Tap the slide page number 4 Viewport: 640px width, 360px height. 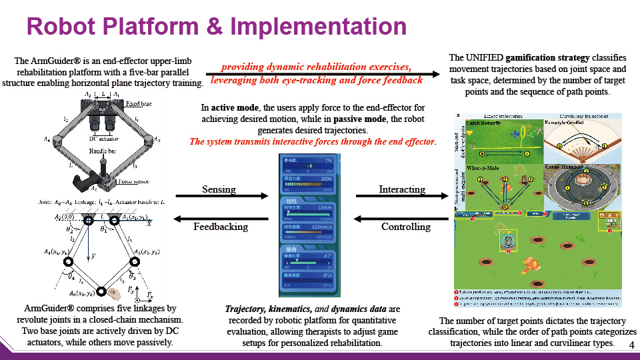coord(631,345)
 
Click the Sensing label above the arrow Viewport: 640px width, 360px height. coord(219,190)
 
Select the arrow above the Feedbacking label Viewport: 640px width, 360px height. coord(219,218)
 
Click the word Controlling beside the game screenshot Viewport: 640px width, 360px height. coord(406,227)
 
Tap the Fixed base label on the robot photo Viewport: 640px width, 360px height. coord(138,105)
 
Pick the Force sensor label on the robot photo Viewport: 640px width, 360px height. coord(133,181)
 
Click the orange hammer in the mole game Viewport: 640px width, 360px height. coord(534,266)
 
